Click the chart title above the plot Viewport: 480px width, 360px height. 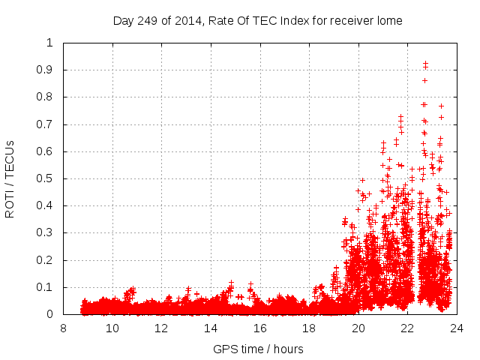click(257, 21)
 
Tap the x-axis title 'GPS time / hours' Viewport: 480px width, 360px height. click(257, 349)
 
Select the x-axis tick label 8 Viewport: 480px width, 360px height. click(63, 328)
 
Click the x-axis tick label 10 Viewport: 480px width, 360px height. click(112, 328)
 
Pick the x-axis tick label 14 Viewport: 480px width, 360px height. click(211, 328)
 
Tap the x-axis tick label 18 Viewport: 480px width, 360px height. click(309, 328)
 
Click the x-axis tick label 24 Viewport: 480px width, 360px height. click(457, 328)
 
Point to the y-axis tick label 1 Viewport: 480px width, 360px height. click(49, 43)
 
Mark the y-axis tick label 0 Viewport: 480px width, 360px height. click(49, 314)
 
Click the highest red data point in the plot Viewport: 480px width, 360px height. click(425, 64)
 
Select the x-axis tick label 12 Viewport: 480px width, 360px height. click(161, 328)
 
